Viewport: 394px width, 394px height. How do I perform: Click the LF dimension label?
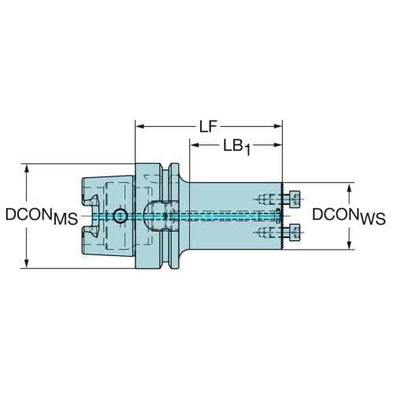point(208,127)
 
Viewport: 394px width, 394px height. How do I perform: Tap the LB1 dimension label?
point(236,147)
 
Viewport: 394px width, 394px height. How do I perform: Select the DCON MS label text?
point(42,216)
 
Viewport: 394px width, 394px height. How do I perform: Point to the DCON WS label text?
point(349,216)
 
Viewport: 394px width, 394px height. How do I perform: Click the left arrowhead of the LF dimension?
point(140,127)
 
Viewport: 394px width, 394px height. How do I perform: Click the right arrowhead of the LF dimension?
point(277,127)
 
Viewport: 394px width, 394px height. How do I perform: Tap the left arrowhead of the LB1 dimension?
point(195,145)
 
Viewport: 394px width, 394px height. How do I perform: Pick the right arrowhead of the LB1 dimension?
point(277,145)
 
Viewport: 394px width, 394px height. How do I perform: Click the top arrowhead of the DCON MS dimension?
point(27,169)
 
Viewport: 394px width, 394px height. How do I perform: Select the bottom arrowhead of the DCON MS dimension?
point(27,263)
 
